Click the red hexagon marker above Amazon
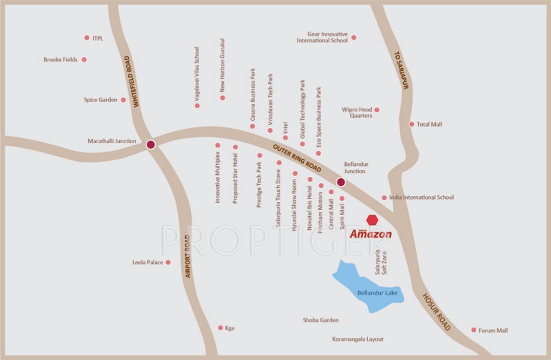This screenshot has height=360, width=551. [372, 220]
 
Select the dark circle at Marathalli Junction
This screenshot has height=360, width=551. [150, 145]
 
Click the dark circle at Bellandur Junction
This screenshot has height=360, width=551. [341, 182]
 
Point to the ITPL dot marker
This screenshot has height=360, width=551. [87, 38]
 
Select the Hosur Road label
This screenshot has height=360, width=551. [436, 312]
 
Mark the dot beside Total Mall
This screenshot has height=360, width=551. [412, 124]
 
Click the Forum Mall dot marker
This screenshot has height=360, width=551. [473, 330]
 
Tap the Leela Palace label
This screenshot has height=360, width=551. [148, 262]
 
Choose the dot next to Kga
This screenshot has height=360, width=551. [220, 328]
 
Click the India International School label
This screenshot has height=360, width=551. [421, 197]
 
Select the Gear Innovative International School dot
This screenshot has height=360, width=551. [354, 38]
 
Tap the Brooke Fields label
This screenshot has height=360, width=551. [61, 60]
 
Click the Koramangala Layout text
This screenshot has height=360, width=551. [358, 339]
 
